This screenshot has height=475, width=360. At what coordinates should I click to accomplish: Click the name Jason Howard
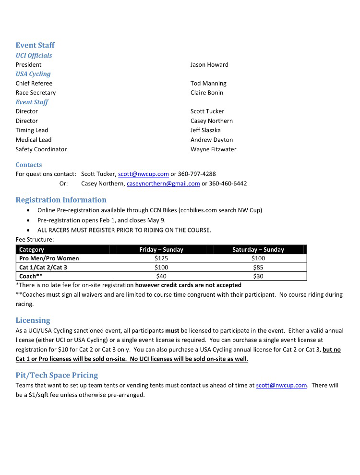pyautogui.click(x=209, y=65)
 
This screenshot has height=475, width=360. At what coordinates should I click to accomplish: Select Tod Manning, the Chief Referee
pyautogui.click(x=208, y=84)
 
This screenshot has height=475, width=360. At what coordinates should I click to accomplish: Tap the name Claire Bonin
pyautogui.click(x=207, y=93)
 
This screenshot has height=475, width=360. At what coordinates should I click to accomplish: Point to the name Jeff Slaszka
pyautogui.click(x=205, y=130)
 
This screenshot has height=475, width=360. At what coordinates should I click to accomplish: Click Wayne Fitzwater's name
pyautogui.click(x=213, y=149)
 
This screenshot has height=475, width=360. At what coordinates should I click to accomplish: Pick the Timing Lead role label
pyautogui.click(x=32, y=130)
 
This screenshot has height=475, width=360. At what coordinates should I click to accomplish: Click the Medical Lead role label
pyautogui.click(x=33, y=140)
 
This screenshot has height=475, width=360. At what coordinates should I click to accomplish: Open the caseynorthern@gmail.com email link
pyautogui.click(x=163, y=183)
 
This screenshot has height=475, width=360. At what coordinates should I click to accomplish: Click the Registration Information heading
pyautogui.click(x=61, y=200)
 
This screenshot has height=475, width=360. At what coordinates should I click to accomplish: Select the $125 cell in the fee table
pyautogui.click(x=161, y=258)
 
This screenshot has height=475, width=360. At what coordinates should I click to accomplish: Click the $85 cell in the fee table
pyautogui.click(x=258, y=268)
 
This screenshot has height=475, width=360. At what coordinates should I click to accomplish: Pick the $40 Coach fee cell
pyautogui.click(x=161, y=276)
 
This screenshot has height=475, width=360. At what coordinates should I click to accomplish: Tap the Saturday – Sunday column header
pyautogui.click(x=258, y=250)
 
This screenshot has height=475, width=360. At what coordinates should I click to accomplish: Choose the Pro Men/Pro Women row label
pyautogui.click(x=49, y=258)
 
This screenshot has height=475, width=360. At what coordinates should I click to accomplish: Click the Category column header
pyautogui.click(x=32, y=250)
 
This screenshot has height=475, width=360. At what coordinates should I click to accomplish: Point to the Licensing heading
pyautogui.click(x=33, y=320)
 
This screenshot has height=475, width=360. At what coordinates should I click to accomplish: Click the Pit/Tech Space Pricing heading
pyautogui.click(x=57, y=375)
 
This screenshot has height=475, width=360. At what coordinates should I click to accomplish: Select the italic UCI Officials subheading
pyautogui.click(x=34, y=55)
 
